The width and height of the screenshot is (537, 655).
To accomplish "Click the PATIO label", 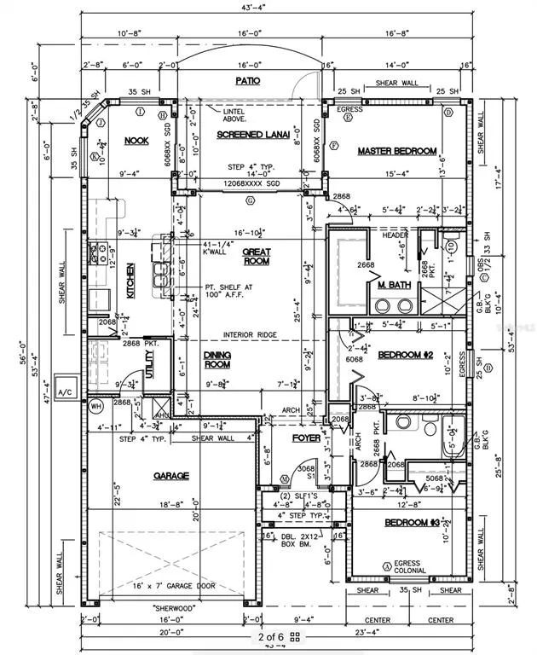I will click(247, 81).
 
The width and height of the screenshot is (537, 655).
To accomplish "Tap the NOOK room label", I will click(137, 141).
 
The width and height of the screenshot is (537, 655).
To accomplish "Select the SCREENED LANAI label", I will click(250, 135).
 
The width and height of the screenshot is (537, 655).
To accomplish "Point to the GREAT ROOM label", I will click(256, 257).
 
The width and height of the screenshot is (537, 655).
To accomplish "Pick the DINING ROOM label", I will click(217, 359).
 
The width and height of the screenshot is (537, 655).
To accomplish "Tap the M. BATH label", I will click(395, 285).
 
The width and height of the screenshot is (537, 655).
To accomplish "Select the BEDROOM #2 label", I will click(407, 354).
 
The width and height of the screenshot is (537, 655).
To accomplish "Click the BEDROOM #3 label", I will click(412, 522).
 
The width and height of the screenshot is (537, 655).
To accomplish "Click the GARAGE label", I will click(171, 475).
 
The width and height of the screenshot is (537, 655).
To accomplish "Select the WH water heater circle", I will click(95, 406).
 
